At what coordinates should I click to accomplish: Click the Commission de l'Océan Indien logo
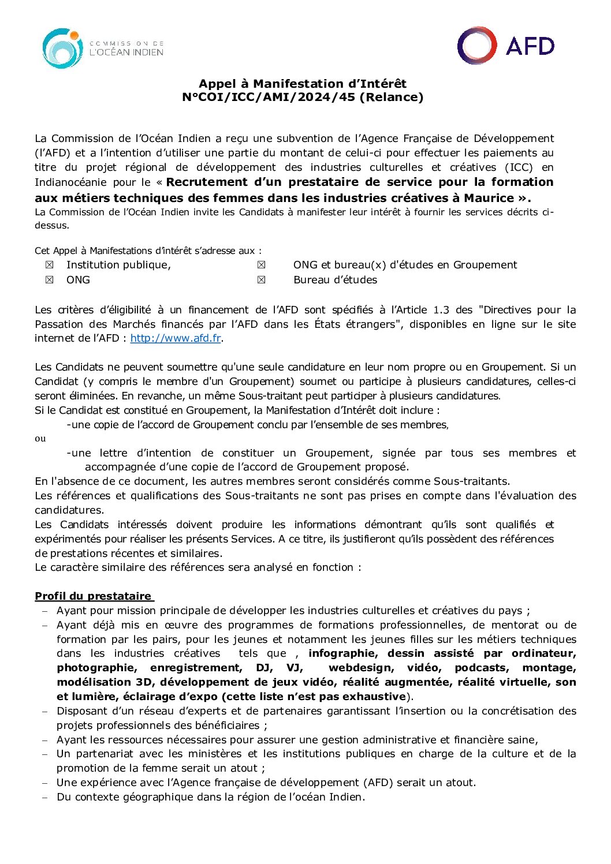coord(102,48)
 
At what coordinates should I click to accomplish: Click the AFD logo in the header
coord(506,46)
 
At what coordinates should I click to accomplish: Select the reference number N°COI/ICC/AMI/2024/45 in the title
coord(269,97)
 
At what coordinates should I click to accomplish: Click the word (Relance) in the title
coord(392,97)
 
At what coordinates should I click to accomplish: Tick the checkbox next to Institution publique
coord(50,265)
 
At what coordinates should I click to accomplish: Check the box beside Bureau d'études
coord(262,280)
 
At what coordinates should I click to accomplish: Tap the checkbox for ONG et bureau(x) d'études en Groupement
coord(262,265)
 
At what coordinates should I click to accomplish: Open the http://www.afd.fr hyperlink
coord(176,338)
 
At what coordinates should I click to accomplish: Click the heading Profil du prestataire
coord(93,596)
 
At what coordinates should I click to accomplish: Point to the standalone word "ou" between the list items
coord(40,439)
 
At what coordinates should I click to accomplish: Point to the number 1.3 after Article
coord(441,310)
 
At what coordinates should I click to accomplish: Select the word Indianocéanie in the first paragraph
coord(70,182)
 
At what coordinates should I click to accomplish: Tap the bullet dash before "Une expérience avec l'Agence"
coord(45,783)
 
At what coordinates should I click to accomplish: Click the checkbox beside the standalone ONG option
coord(50,280)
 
